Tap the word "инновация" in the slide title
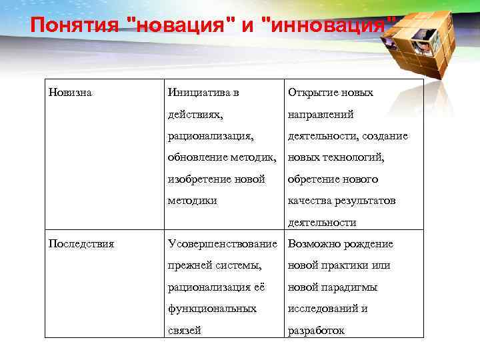[327, 26]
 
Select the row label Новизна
[70, 93]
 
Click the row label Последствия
[81, 243]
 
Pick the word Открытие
[312, 93]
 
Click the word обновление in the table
[194, 157]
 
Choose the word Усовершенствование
[223, 243]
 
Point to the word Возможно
[313, 243]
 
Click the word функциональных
[212, 309]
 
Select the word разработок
[315, 330]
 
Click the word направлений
[320, 114]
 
